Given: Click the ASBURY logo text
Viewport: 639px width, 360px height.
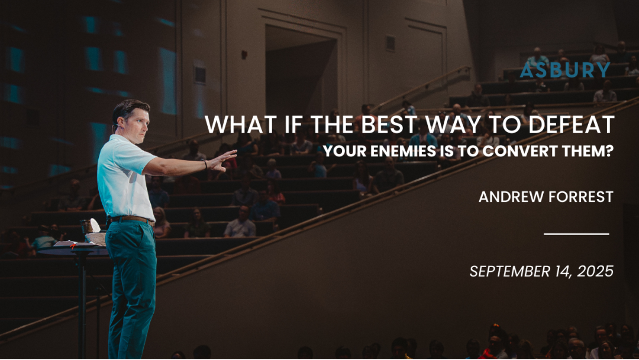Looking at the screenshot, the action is [x=565, y=70].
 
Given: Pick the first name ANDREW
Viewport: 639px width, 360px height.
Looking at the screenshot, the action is [x=510, y=197].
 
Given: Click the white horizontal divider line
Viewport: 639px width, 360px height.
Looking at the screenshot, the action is [x=576, y=234].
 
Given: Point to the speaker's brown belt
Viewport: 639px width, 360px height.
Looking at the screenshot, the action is [x=130, y=220].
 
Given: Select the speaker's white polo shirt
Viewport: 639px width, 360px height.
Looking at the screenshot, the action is [x=124, y=178].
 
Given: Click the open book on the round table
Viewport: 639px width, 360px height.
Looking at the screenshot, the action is [x=73, y=244].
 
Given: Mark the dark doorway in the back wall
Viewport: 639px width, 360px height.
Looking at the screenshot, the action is [x=301, y=73].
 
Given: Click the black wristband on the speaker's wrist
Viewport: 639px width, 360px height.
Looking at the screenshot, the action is [x=205, y=164].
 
